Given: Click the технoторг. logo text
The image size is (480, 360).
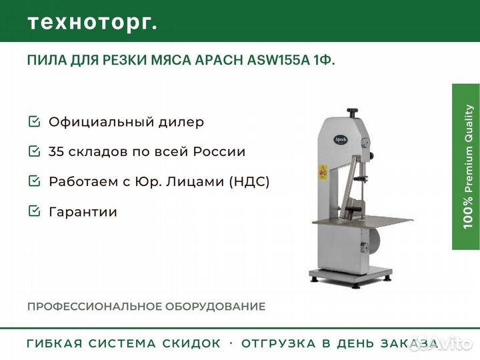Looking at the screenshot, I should (93, 22).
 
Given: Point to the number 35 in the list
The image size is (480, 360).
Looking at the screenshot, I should (56, 151).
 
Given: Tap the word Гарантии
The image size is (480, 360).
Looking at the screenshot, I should (83, 212).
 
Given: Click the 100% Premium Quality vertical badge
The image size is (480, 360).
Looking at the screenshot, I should (465, 167).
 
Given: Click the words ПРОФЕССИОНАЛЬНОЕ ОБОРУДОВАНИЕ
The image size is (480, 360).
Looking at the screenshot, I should (146, 307).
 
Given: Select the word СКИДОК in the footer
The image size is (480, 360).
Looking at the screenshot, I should (191, 344).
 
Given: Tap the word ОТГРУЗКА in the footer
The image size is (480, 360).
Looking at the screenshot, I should (276, 344).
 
